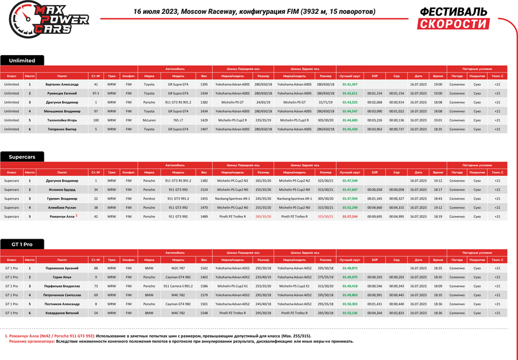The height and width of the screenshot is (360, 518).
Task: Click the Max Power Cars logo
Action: click(x=49, y=20)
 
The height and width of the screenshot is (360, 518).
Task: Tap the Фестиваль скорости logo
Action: click(x=453, y=18)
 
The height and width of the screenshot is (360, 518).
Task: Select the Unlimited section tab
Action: click(x=22, y=60)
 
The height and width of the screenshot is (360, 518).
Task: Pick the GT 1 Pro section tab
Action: click(x=22, y=244)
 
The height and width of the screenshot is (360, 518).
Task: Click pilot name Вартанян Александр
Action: click(x=62, y=85)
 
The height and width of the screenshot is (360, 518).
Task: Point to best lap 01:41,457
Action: click(x=349, y=85)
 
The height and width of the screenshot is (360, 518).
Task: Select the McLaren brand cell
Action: click(x=149, y=120)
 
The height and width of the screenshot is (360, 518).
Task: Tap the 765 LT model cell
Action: click(x=178, y=120)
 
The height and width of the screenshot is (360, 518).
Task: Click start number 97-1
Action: click(x=96, y=93)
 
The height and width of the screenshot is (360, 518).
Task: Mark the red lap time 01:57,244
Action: click(x=349, y=217)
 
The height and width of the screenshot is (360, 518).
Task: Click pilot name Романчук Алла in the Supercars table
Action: click(x=61, y=217)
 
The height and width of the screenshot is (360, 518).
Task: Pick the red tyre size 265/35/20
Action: click(x=263, y=217)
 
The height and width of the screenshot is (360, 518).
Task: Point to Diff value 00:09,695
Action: click(x=374, y=217)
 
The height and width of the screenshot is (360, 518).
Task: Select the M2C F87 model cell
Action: click(x=178, y=268)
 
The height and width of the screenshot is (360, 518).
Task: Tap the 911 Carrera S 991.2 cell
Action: click(x=178, y=286)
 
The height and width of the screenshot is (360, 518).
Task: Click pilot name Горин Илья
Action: click(x=62, y=277)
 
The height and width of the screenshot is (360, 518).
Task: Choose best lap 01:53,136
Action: click(x=349, y=313)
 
